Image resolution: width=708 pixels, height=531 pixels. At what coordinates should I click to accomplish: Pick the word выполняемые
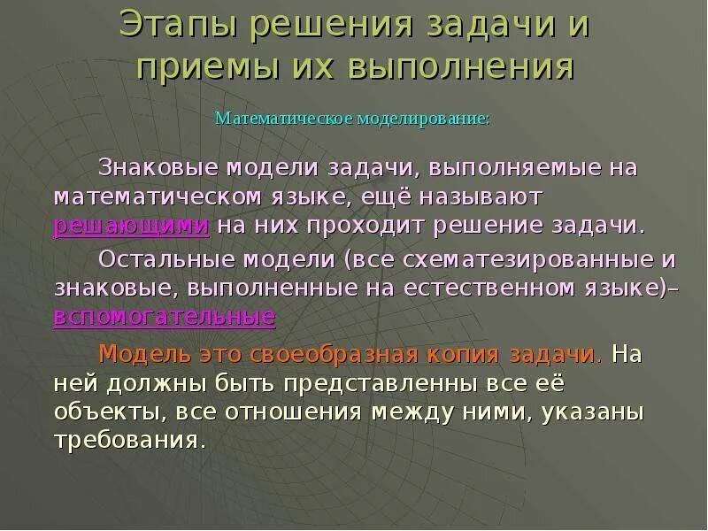[x=498, y=166]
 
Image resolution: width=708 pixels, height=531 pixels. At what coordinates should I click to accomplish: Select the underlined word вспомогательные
[x=165, y=316]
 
